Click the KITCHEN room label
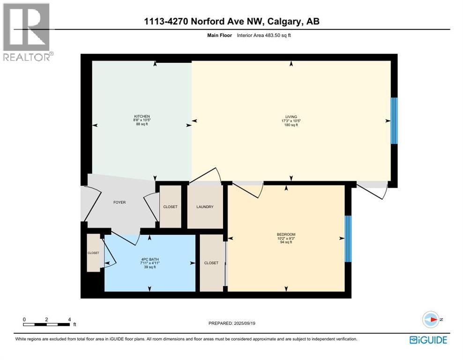(x=142, y=116)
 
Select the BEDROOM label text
(x=286, y=234)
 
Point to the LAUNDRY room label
(x=205, y=207)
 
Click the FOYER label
(x=119, y=202)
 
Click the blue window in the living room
(x=394, y=120)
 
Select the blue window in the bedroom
(x=348, y=239)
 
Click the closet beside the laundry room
(x=170, y=207)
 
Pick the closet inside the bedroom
(x=211, y=263)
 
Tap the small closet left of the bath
(x=93, y=253)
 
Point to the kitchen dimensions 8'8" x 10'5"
(x=142, y=120)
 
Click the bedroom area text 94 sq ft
(x=286, y=242)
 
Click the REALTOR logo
(x=27, y=32)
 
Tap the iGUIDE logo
(x=428, y=340)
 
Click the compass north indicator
(x=432, y=320)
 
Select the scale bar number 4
(x=69, y=319)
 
